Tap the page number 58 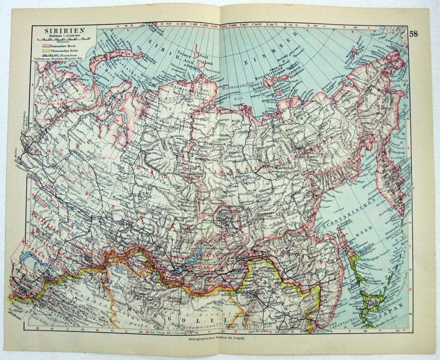[x=414, y=33]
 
